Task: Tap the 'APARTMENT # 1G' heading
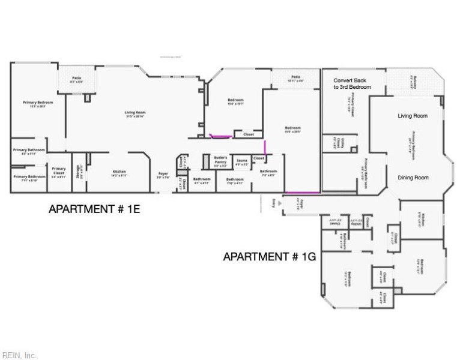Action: (x=269, y=256)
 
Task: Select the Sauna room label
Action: (x=241, y=161)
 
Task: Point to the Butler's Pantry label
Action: (x=220, y=160)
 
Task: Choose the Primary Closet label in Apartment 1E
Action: (x=58, y=172)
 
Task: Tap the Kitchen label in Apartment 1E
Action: (x=119, y=173)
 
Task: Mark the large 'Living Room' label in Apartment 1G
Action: (x=413, y=116)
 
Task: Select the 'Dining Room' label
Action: (x=413, y=178)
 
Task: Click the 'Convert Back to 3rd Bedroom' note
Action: (x=353, y=83)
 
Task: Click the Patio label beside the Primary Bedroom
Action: (x=76, y=79)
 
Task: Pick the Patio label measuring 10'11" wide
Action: (x=295, y=78)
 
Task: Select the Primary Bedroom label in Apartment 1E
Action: (x=38, y=104)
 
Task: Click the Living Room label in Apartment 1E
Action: (x=135, y=113)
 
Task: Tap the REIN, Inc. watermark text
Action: (x=19, y=355)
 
